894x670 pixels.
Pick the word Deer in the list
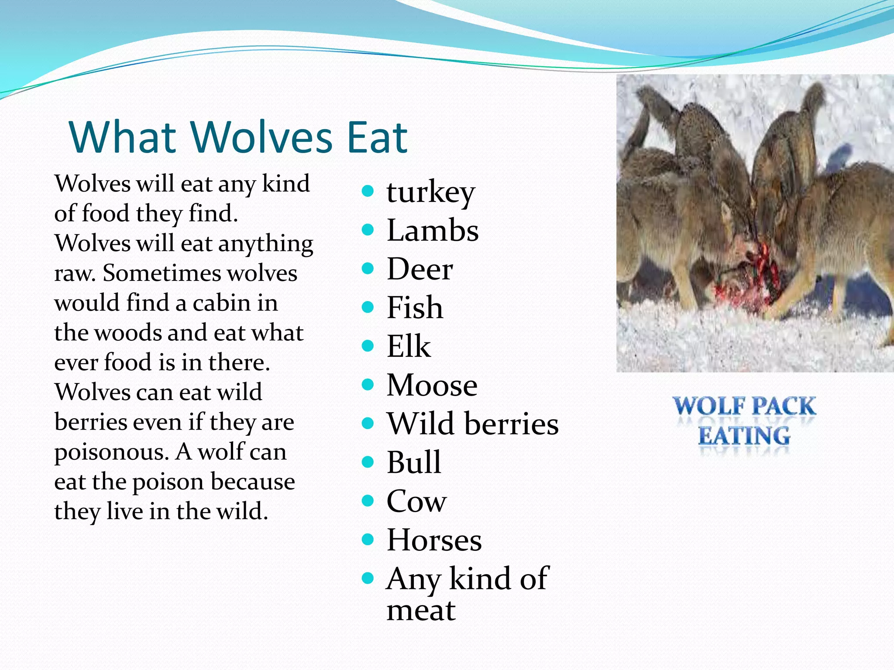pos(419,269)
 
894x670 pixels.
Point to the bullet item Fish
pos(415,308)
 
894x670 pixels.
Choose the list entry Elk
pos(409,346)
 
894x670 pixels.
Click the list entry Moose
pos(432,385)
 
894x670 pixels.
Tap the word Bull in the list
pos(413,462)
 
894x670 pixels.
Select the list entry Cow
pos(416,501)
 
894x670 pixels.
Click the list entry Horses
pos(434,540)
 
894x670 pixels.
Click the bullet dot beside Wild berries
pos(368,423)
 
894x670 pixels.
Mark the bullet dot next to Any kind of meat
pos(368,578)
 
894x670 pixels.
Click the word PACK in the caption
pos(784,406)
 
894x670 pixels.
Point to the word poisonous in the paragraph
pos(111,452)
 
